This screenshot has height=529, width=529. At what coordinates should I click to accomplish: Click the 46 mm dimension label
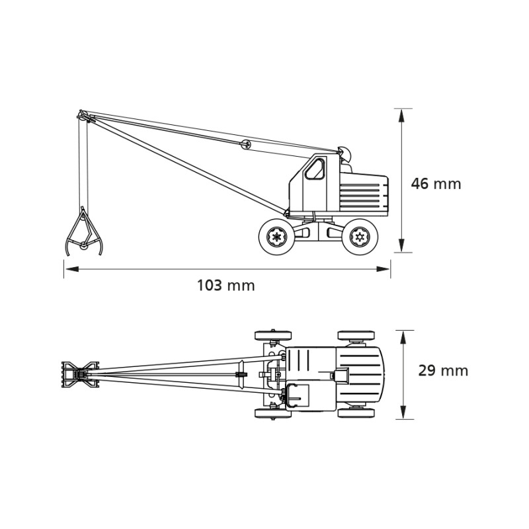tap(436, 184)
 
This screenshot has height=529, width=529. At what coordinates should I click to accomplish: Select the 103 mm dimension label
tap(225, 286)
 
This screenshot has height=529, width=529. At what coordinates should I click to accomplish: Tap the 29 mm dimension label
tap(443, 371)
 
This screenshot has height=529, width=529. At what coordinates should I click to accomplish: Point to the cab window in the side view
tap(315, 169)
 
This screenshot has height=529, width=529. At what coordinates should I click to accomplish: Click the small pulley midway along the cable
tap(245, 144)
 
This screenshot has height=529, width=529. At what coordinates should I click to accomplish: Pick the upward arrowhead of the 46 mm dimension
tap(401, 115)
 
